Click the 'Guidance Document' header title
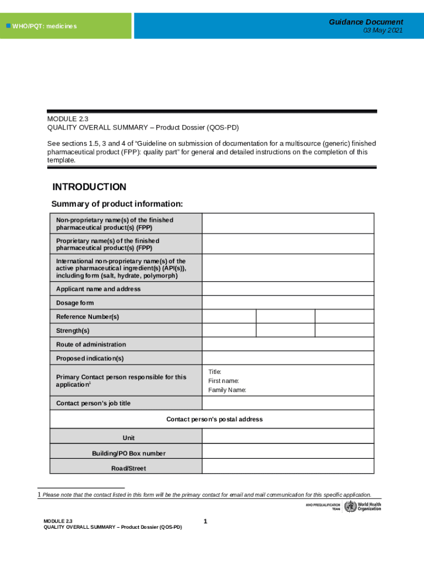tap(366, 22)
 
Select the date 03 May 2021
tap(383, 31)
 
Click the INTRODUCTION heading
tap(89, 187)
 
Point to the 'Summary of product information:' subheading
tap(117, 204)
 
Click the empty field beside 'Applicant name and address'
tap(287, 289)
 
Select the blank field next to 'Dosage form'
tap(287, 303)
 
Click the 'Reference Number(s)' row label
tap(88, 317)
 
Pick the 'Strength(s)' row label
tap(73, 330)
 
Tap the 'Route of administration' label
tap(91, 344)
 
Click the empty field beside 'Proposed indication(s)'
tap(287, 358)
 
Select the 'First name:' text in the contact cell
tap(224, 381)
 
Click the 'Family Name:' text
tap(227, 390)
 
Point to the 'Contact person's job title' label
tap(93, 403)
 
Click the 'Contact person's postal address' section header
tap(214, 419)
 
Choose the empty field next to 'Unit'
tap(287, 438)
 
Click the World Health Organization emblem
tap(350, 507)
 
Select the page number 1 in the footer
tap(205, 521)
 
